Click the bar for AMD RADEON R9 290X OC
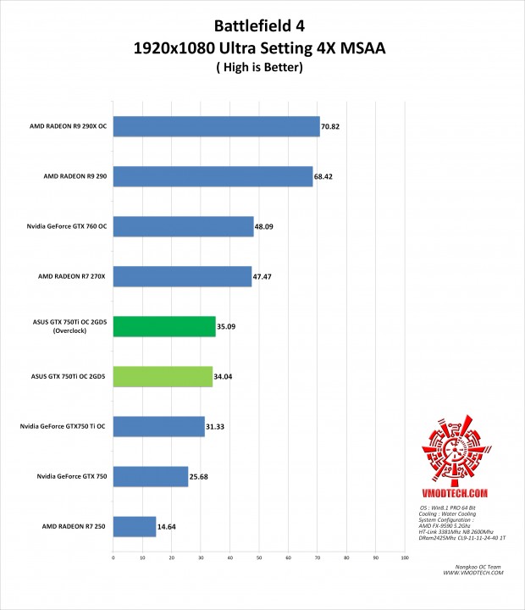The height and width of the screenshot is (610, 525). coord(216,127)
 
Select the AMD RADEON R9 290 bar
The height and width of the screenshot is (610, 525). coord(213,177)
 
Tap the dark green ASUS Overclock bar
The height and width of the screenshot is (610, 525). coord(164,326)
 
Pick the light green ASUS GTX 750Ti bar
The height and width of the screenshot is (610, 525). coord(163,376)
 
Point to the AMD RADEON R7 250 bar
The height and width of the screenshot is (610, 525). coord(135,526)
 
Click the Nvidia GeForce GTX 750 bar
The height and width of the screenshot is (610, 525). coord(151,476)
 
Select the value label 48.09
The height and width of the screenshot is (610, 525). coord(267,227)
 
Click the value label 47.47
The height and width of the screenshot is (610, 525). coord(264,277)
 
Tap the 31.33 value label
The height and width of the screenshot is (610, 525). coord(218,427)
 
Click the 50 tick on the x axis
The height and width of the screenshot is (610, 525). coord(259,557)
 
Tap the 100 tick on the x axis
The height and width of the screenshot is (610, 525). coord(405,557)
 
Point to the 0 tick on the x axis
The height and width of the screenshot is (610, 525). coord(113,557)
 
